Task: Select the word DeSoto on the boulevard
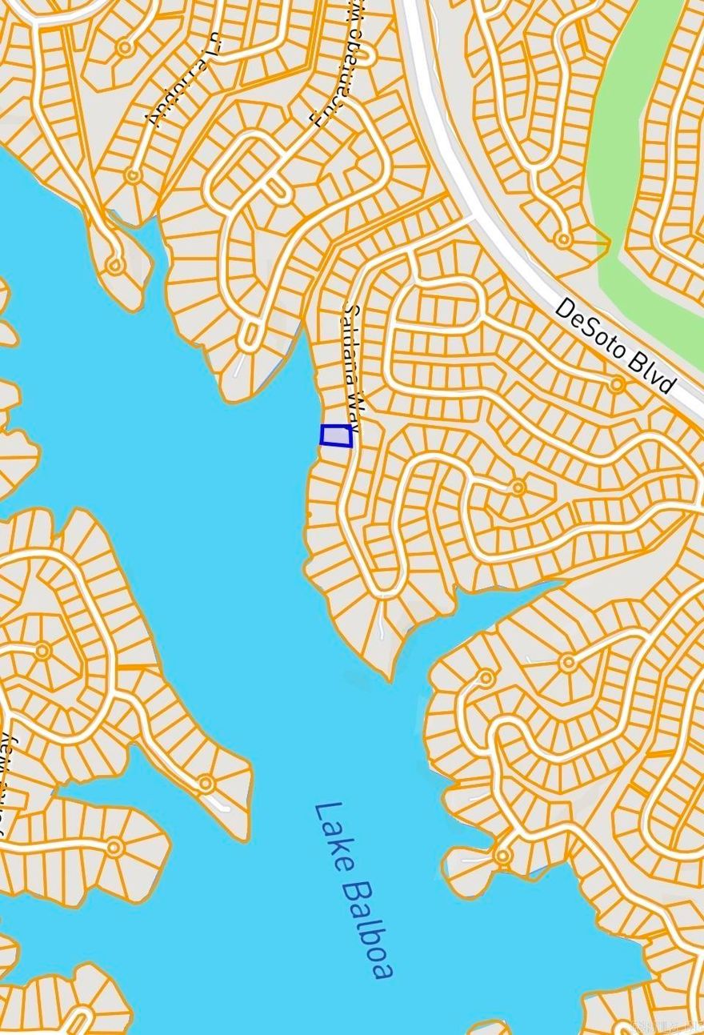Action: pos(590,327)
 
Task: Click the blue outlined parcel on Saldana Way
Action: pos(336,435)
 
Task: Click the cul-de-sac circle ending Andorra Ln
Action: pos(125,49)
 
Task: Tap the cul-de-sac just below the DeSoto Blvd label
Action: pos(616,386)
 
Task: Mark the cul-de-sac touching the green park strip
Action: pos(564,239)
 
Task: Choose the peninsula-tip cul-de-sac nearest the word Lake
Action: pos(206,783)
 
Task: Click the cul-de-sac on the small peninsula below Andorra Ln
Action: pos(116,264)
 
